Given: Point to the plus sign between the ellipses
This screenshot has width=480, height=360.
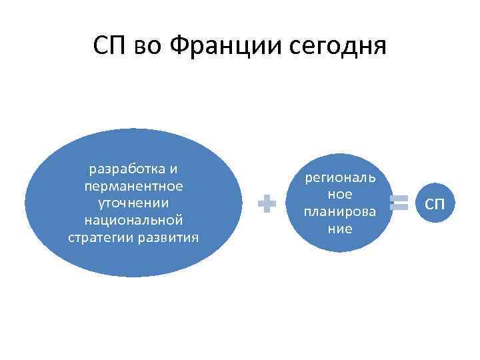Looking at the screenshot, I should (267, 204).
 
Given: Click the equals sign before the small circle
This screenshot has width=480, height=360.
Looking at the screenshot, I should (399, 203).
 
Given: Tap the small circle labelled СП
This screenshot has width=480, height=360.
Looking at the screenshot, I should (434, 203).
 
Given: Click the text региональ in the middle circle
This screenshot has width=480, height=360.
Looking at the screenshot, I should (340, 177).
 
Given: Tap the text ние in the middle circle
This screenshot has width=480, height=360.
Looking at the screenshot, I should (340, 229).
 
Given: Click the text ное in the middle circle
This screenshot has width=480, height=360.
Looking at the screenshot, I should (340, 195).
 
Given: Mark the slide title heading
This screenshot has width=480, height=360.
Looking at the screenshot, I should (240, 46).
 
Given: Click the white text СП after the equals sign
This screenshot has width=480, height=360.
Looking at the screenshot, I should (434, 203).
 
